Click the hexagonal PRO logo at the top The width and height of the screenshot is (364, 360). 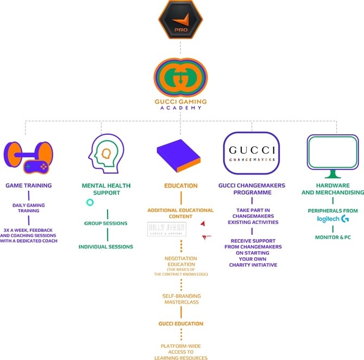(x=181, y=21)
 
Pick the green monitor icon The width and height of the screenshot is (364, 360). (x=332, y=153)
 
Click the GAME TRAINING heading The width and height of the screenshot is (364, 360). (x=28, y=185)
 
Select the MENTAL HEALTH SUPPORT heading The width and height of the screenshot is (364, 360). (x=106, y=189)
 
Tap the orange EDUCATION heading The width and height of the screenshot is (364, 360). (x=181, y=185)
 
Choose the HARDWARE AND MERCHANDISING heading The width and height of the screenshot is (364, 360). (x=332, y=189)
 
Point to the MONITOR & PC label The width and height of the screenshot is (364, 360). (x=332, y=238)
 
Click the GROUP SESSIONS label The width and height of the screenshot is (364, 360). (x=106, y=224)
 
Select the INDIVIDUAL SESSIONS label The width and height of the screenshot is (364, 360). (x=106, y=246)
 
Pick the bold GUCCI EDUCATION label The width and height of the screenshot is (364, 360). (x=180, y=324)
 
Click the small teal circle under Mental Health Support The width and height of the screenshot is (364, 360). (x=90, y=202)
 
